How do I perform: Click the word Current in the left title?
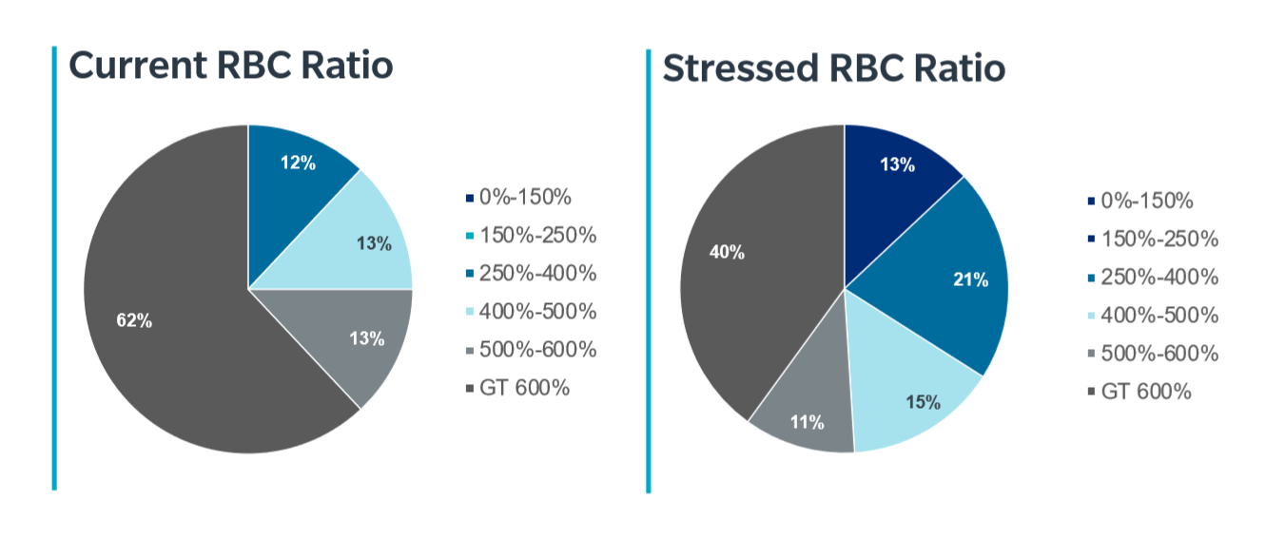coord(138,65)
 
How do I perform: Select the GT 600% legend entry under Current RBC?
coord(517,388)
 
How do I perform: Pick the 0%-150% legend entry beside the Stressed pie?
coord(1140,201)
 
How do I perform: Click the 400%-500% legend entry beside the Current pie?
coord(531,312)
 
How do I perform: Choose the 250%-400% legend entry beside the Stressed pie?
coord(1153,277)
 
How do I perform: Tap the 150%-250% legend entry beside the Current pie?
coord(531,235)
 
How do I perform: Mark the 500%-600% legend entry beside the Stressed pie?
coord(1153,354)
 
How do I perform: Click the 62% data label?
coord(134,320)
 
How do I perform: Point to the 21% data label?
coord(971,279)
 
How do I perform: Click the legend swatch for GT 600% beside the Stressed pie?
coord(1091,392)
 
